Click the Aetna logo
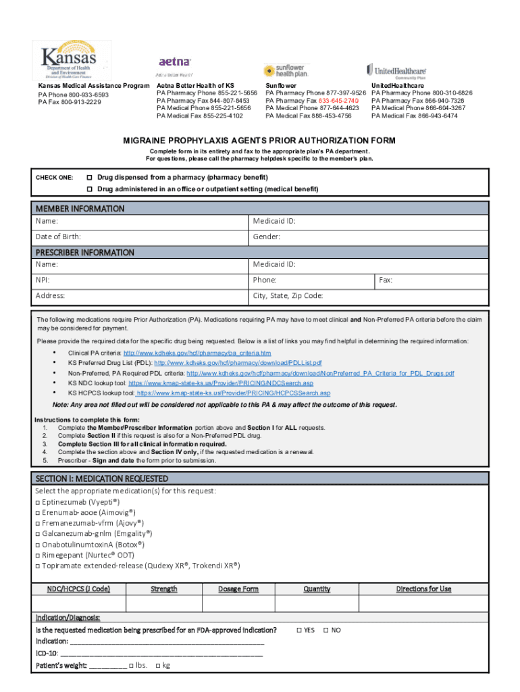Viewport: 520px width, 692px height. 175,63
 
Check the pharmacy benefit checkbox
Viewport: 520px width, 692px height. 89,177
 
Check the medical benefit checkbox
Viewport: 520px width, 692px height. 89,189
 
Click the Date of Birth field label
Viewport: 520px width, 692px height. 59,237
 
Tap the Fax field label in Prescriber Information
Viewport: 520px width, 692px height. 386,280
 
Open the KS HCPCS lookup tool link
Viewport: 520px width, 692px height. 234,393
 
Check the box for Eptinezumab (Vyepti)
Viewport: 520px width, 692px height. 38,502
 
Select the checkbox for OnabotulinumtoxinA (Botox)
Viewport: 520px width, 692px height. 38,544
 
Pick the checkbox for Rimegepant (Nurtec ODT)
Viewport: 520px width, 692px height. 38,555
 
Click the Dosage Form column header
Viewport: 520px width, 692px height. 238,589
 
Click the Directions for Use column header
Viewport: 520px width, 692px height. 423,589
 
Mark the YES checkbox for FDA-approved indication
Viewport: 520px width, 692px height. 299,630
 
